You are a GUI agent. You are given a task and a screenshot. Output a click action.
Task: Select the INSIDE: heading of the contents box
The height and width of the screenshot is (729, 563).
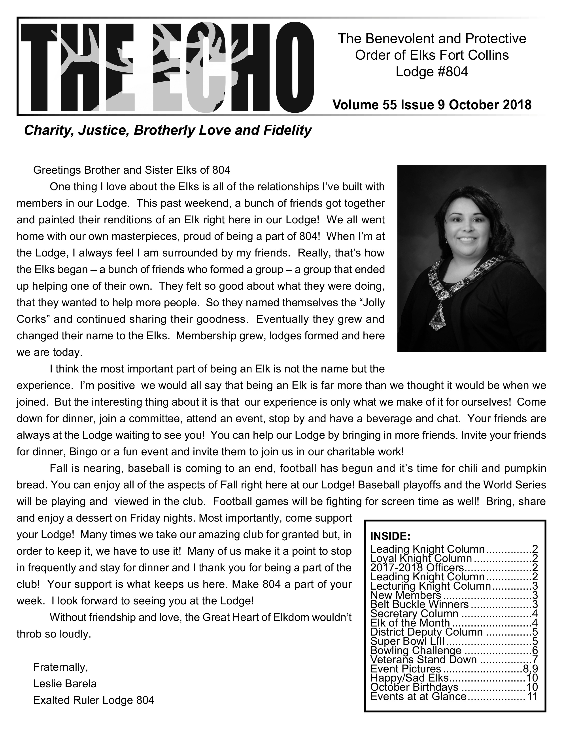(390, 536)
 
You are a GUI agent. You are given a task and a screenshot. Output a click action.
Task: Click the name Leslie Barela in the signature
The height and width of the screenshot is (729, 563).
(65, 684)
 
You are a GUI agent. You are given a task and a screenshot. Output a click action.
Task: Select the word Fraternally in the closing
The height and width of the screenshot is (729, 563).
(60, 667)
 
